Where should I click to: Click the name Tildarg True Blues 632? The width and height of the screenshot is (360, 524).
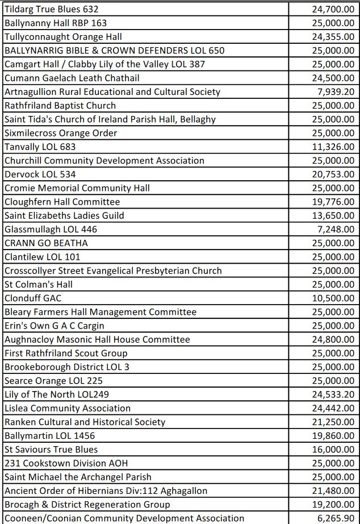[51, 9]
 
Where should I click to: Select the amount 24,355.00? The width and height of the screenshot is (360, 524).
[333, 36]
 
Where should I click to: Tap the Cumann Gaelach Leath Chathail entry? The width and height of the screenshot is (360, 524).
[72, 78]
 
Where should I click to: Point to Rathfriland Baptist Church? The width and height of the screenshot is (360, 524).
[60, 105]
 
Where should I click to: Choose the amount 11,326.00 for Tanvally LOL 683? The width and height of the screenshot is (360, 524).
[333, 147]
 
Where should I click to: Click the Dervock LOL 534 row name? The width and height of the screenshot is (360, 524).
[40, 174]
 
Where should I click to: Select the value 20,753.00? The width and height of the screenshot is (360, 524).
[333, 174]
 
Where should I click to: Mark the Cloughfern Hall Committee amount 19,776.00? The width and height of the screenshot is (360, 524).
[333, 202]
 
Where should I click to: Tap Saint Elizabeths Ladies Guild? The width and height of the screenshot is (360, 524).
[64, 215]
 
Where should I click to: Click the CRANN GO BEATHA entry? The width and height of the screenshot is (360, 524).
[46, 243]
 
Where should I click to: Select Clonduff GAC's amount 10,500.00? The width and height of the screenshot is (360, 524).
[333, 298]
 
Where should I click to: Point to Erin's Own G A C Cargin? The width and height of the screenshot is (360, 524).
[54, 326]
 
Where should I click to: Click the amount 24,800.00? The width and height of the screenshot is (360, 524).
[333, 339]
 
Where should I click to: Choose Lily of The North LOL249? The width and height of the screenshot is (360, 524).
[56, 394]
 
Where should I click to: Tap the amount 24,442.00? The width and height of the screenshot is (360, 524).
[333, 408]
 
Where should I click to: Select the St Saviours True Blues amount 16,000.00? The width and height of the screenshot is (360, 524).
[333, 449]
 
